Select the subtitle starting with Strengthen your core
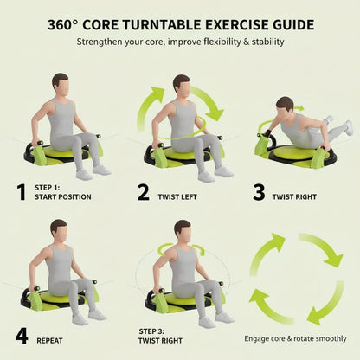tap(179, 41)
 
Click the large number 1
tap(21, 192)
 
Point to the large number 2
tap(143, 192)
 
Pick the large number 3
tap(258, 192)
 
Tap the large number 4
tap(22, 335)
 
